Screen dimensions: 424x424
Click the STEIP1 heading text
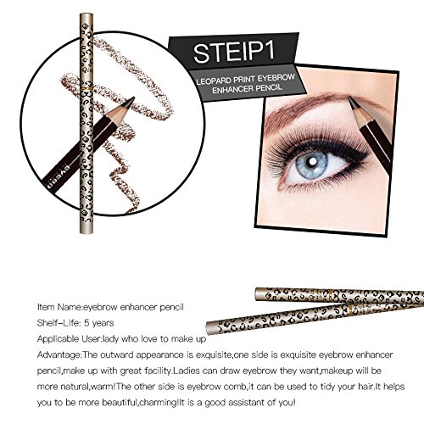tap(234, 52)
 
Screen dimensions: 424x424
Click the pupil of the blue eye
tap(313, 161)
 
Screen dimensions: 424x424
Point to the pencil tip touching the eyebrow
tap(351, 100)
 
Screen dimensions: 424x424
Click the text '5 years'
tap(99, 323)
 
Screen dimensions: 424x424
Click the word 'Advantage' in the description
tap(59, 354)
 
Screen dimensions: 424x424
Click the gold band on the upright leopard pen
tap(86, 89)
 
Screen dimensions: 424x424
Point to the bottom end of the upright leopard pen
tap(86, 232)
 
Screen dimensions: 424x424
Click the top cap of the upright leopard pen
tap(86, 17)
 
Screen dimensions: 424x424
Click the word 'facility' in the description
tap(154, 371)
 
